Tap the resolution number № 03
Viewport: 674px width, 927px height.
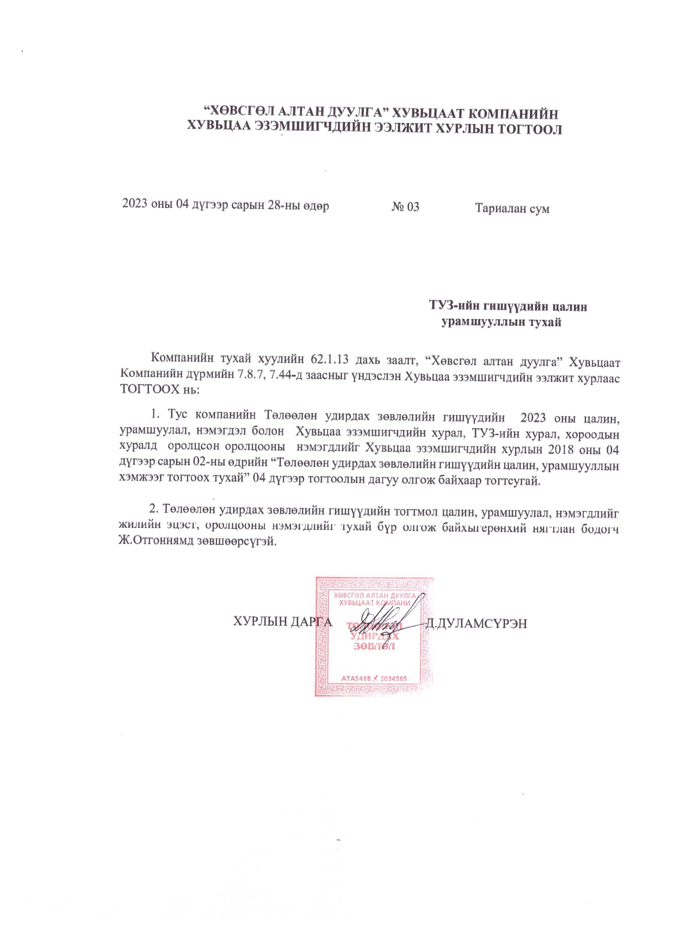(405, 207)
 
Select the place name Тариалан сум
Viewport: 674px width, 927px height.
(512, 208)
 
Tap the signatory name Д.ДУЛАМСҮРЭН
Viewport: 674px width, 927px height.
(477, 623)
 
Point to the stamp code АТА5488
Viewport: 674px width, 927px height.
(356, 679)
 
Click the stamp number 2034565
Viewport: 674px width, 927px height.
(393, 679)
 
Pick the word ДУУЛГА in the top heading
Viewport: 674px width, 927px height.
(356, 113)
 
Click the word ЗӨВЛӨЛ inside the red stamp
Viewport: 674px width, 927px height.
(374, 646)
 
